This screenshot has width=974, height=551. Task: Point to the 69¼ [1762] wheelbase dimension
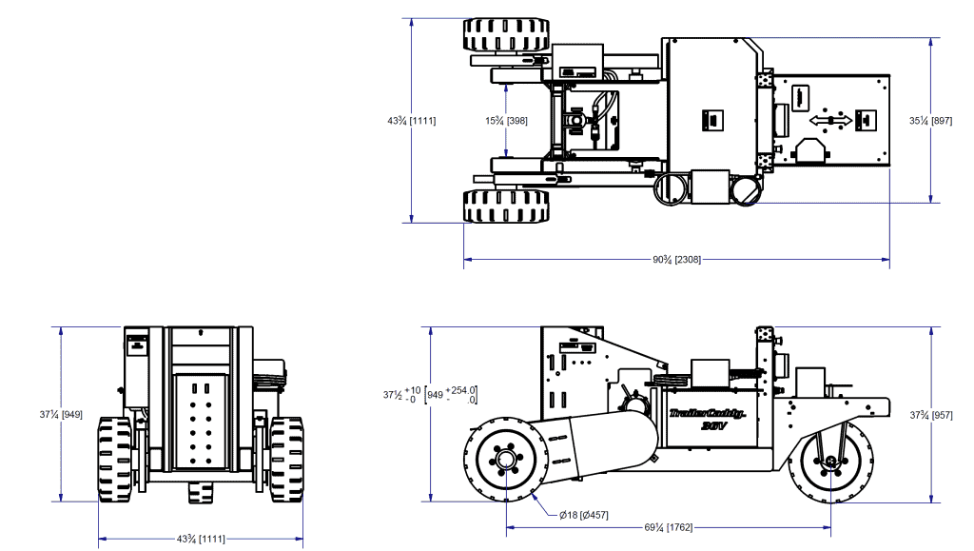(669, 527)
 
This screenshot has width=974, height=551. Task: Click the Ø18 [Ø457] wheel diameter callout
(583, 515)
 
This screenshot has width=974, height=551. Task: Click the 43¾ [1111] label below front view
(200, 540)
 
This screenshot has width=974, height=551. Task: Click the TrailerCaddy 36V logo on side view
(705, 420)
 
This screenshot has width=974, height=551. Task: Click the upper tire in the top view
(506, 36)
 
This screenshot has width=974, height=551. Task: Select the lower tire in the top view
(506, 206)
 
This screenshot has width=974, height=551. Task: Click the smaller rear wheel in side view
(831, 463)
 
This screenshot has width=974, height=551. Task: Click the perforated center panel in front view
(200, 421)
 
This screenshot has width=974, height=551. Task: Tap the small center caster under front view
(200, 492)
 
